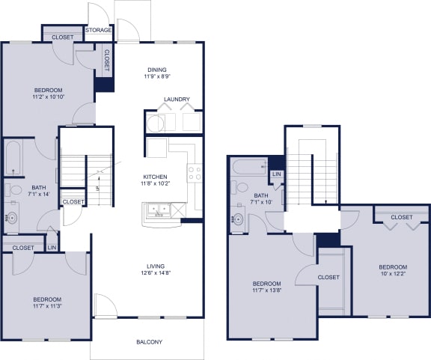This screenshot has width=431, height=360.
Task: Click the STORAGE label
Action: click(x=99, y=30)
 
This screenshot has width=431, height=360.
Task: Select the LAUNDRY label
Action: click(x=177, y=100)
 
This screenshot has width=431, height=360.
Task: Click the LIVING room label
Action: click(x=155, y=266)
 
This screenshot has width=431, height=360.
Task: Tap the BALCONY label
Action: click(x=149, y=342)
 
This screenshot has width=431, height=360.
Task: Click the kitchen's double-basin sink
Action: click(x=157, y=210)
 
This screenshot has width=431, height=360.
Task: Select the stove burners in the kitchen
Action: click(x=194, y=174)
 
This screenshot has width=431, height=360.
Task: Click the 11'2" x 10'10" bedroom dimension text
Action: click(x=47, y=97)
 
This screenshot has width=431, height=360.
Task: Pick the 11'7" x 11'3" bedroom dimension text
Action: click(x=46, y=305)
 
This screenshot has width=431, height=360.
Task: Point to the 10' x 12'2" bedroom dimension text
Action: click(x=392, y=275)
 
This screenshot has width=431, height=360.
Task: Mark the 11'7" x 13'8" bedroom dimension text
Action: click(x=266, y=290)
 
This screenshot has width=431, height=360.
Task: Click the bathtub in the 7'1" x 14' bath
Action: click(x=13, y=157)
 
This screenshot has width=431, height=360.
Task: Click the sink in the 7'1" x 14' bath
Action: click(x=11, y=219)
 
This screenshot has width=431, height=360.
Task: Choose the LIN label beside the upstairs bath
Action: click(x=277, y=174)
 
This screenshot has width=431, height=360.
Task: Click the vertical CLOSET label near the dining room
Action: click(x=106, y=61)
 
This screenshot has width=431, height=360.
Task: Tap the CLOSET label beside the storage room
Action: click(x=63, y=37)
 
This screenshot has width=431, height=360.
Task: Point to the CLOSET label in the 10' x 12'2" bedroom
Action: click(x=401, y=218)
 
